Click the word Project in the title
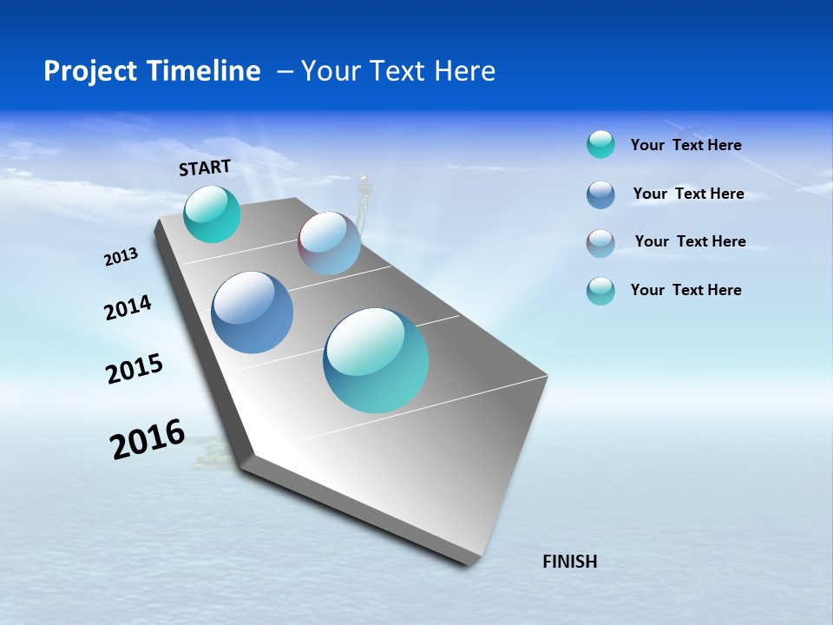pos(85,71)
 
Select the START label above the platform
pos(205,168)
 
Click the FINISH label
pos(570,562)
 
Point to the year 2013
pos(121,257)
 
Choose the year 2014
pos(128,308)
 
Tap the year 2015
pos(134,369)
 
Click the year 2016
pos(148,439)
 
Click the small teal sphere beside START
pos(212,214)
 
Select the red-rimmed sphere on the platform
pos(329,243)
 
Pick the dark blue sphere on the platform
pos(252,312)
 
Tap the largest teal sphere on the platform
pos(376,360)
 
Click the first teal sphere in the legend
pos(600,144)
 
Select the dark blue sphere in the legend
pos(600,194)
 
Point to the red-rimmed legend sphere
pos(600,243)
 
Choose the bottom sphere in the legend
pos(600,291)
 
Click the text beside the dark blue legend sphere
pos(688,194)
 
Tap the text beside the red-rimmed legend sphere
pos(690,241)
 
